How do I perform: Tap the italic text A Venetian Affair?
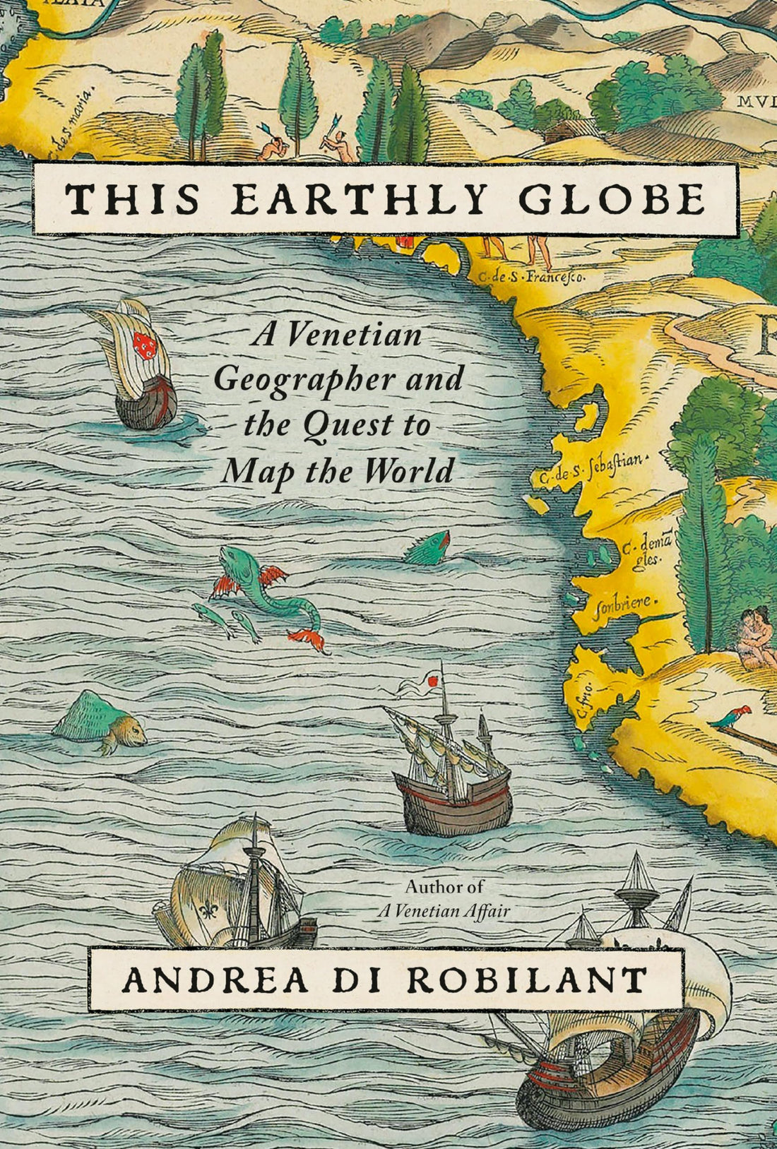click(x=443, y=911)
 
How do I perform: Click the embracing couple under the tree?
click(x=752, y=636)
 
